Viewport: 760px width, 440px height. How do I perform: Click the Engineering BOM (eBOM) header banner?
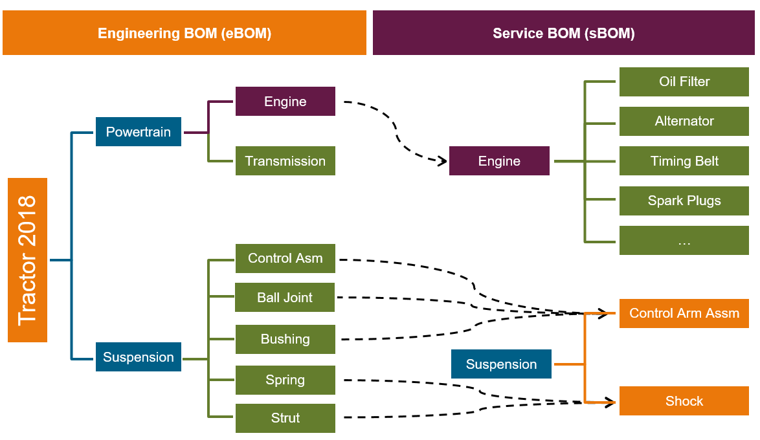coord(184,33)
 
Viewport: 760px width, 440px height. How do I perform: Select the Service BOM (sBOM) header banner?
coord(563,33)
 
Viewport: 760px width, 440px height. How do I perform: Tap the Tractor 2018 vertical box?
coord(27,260)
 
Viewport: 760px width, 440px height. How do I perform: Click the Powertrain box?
coord(139,132)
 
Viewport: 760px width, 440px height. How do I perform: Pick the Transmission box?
coord(285,161)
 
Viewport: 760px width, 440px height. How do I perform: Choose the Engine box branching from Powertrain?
coord(285,102)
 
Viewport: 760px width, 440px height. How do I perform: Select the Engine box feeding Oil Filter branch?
coord(499,161)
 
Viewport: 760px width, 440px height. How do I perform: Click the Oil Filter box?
coord(684,82)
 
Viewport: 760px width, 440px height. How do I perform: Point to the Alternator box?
coord(684,121)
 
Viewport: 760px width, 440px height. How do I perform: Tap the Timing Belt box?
coord(684,161)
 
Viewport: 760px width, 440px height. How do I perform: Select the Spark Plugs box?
coord(684,201)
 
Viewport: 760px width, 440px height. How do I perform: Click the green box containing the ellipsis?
coord(684,241)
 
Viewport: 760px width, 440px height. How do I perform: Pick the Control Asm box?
coord(285,258)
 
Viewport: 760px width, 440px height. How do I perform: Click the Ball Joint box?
coord(285,298)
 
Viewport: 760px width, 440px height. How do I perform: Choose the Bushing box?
coord(285,339)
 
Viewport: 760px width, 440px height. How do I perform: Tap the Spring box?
coord(285,380)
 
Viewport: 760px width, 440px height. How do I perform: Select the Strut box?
coord(285,418)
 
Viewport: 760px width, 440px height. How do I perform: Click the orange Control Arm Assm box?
coord(684,313)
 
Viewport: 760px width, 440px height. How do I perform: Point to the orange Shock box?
coord(684,401)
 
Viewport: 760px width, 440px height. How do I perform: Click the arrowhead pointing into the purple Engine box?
coord(443,159)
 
